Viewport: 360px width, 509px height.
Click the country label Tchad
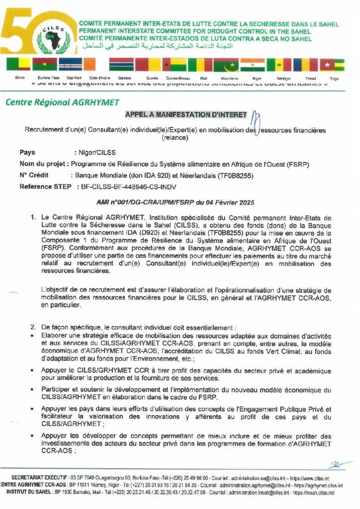(311, 79)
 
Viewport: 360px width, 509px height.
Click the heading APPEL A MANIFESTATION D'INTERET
(186, 114)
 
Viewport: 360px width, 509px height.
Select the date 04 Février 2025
(228, 202)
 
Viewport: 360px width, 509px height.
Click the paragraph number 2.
(33, 327)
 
